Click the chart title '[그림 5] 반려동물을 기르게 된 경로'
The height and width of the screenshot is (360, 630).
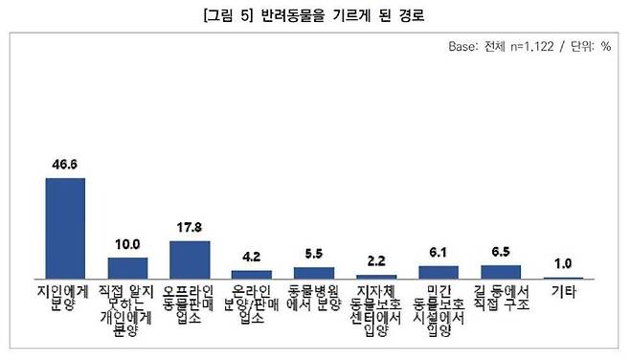click(314, 16)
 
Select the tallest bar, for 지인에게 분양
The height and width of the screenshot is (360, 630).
click(66, 227)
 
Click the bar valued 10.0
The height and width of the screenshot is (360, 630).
click(127, 267)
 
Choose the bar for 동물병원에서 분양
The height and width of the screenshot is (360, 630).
click(314, 272)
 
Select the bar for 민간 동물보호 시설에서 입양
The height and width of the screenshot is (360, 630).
click(439, 271)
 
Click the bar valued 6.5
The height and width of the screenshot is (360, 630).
click(501, 271)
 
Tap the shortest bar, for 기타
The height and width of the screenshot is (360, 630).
click(563, 277)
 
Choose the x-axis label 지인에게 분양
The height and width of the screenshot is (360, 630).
click(66, 294)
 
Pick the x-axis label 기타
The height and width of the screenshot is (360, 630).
click(563, 286)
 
